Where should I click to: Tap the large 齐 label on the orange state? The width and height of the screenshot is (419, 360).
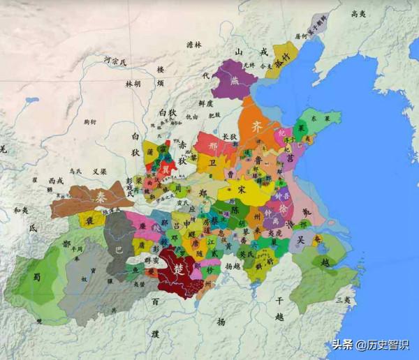tap(258, 127)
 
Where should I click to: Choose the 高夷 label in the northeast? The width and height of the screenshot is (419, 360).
tap(358, 13)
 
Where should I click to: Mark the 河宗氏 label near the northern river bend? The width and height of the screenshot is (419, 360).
tap(115, 62)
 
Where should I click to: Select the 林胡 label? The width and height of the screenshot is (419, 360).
tap(133, 84)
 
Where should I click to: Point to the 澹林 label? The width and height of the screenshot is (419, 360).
tap(193, 45)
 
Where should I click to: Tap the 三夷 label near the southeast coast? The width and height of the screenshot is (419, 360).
tap(343, 300)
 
